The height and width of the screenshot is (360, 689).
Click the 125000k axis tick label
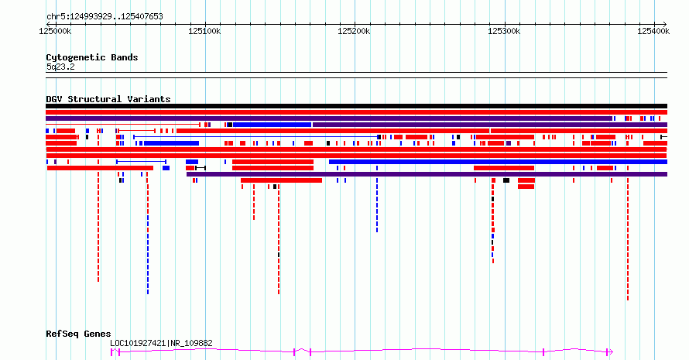coord(55,31)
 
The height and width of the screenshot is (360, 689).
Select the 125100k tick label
coord(204,31)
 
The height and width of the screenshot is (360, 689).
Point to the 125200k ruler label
coord(354,31)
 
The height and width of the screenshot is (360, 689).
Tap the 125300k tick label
coord(504,31)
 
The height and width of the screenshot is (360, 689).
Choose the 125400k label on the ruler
coord(653,31)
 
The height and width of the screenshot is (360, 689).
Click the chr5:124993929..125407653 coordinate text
coord(105,17)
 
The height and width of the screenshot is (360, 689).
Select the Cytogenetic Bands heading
coord(92,57)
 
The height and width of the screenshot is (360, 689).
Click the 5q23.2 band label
coord(60,67)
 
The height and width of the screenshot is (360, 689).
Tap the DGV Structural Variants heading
coord(108,99)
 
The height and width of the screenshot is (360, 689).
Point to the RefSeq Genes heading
coord(78,334)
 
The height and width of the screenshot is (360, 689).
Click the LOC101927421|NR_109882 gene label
coord(161,343)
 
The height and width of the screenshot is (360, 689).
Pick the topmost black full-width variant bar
coord(356,106)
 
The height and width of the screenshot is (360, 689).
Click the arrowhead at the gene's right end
coord(610,351)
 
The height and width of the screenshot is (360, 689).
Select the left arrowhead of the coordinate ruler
coord(48,24)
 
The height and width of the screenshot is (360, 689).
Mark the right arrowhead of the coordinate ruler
coord(664,24)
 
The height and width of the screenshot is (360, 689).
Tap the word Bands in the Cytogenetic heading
coord(125,57)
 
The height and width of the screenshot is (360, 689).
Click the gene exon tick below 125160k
coord(294,351)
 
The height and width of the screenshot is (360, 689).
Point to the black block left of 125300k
coord(506,180)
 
